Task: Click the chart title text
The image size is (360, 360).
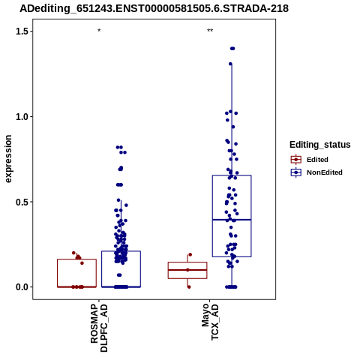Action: [154, 8]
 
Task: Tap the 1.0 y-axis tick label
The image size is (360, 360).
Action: [21, 117]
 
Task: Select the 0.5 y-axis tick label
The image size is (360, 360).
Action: [21, 202]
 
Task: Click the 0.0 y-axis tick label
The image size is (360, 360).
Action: [21, 287]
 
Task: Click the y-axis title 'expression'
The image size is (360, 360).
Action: [8, 159]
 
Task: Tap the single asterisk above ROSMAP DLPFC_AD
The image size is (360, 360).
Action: [99, 31]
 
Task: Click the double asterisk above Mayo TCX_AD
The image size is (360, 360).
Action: [210, 31]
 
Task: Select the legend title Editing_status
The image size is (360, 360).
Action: [320, 145]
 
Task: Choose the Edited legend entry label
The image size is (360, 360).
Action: [317, 160]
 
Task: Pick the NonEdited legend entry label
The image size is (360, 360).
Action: [325, 172]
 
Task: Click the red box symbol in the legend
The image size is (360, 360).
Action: [296, 160]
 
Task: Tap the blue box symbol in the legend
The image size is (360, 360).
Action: [296, 172]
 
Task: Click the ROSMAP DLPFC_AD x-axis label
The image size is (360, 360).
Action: [99, 328]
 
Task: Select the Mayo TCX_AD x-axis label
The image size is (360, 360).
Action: [210, 322]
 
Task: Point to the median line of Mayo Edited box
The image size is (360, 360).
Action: [187, 270]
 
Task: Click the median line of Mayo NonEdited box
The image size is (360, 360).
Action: [232, 220]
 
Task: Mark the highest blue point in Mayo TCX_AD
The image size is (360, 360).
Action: [232, 49]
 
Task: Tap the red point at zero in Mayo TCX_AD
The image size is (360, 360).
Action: [189, 287]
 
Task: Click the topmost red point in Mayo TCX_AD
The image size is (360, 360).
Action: [190, 255]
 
